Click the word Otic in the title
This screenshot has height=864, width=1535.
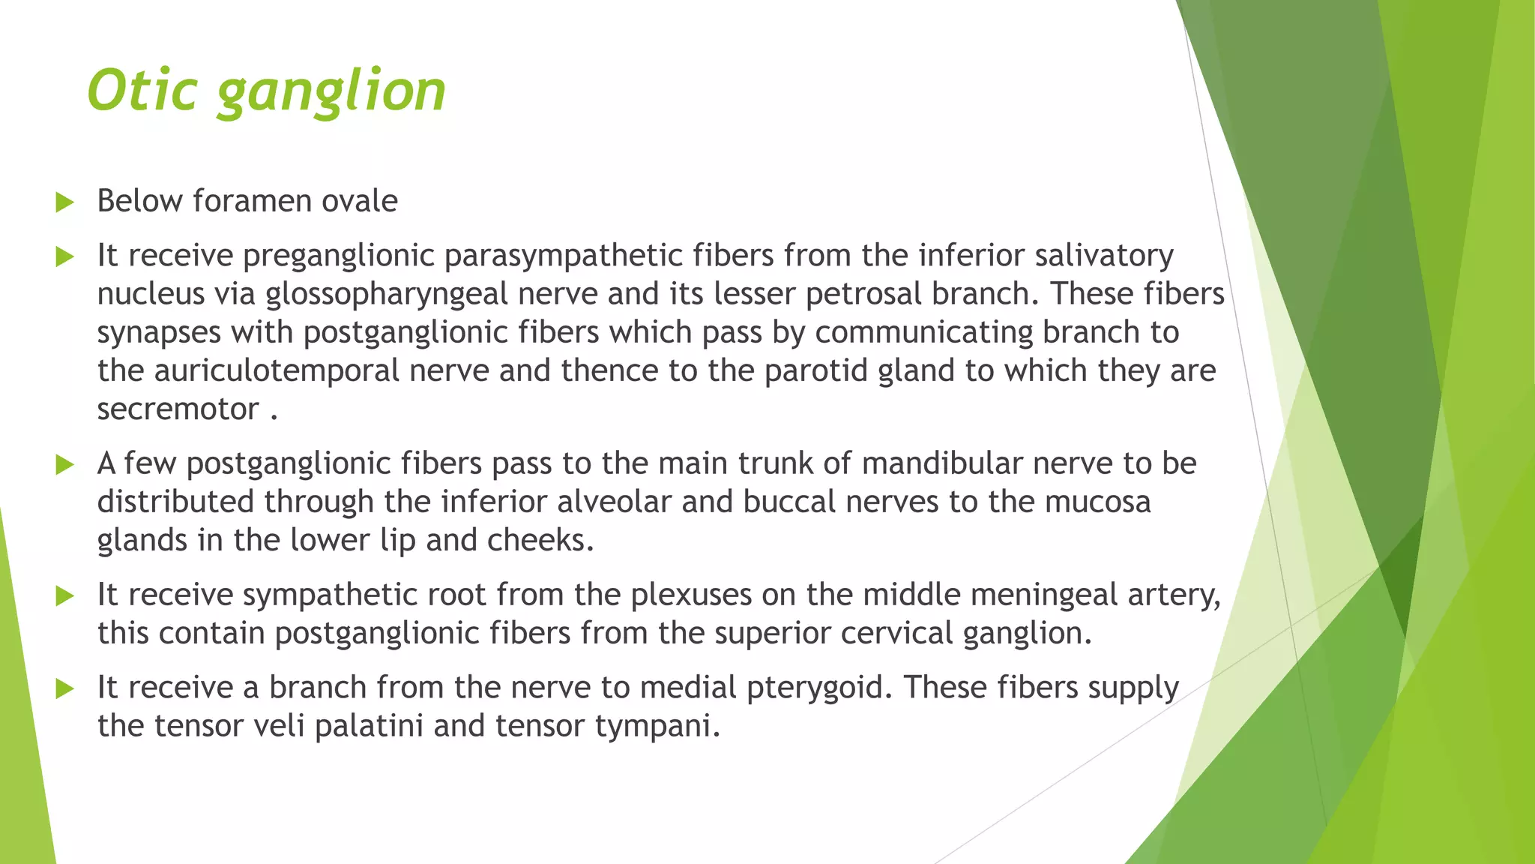[142, 90]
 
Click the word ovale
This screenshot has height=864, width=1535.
[359, 201]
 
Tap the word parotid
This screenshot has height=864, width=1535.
[815, 370]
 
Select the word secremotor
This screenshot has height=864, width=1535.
[178, 409]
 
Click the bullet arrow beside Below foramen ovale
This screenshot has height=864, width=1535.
[65, 202]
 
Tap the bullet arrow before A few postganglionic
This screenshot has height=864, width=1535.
[65, 465]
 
